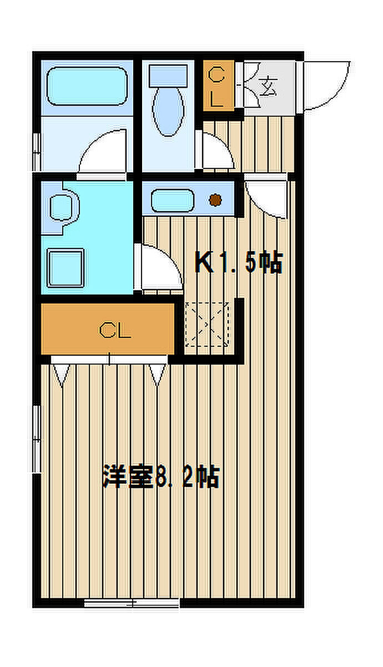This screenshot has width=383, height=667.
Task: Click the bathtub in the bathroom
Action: pyautogui.click(x=87, y=86)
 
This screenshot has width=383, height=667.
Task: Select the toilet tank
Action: pyautogui.click(x=168, y=76)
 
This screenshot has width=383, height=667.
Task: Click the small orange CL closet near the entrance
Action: pyautogui.click(x=219, y=86)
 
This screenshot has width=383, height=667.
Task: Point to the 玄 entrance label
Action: pyautogui.click(x=268, y=86)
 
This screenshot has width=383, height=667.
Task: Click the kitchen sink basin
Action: pyautogui.click(x=173, y=201)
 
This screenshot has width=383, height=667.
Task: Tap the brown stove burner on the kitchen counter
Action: pyautogui.click(x=215, y=200)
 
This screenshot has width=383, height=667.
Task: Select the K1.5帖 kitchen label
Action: pyautogui.click(x=239, y=262)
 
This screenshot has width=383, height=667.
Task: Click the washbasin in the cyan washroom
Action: pyautogui.click(x=63, y=207)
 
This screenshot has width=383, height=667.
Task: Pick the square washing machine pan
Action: pyautogui.click(x=65, y=268)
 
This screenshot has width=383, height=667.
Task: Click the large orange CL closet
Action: pyautogui.click(x=108, y=329)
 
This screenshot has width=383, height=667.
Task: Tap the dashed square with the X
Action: pyautogui.click(x=208, y=324)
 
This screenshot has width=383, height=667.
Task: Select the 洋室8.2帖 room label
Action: pyautogui.click(x=161, y=476)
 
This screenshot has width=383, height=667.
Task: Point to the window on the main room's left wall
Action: pyautogui.click(x=37, y=439)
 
